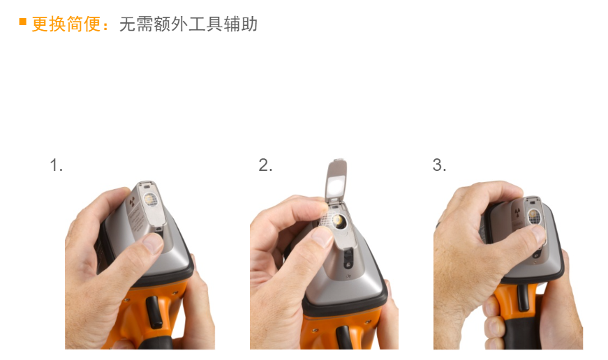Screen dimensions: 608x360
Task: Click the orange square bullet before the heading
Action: tap(22, 22)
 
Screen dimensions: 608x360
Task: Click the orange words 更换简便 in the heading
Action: tap(66, 24)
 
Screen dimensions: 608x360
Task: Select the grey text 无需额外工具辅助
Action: tap(188, 24)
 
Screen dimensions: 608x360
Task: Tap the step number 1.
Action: tap(57, 165)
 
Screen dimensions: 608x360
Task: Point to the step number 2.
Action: tap(266, 165)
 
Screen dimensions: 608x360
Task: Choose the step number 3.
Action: tap(439, 165)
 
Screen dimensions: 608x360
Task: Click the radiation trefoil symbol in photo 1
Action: tap(132, 202)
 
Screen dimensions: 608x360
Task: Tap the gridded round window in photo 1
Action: tap(150, 199)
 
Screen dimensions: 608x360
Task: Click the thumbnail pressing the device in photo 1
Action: tap(152, 243)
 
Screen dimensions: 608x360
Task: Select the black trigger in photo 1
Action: tap(154, 312)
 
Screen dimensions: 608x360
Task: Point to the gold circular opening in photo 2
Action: tap(338, 220)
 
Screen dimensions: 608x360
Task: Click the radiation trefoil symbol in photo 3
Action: tap(517, 212)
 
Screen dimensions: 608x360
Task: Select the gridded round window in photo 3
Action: tap(534, 216)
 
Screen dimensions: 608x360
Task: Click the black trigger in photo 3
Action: tap(523, 297)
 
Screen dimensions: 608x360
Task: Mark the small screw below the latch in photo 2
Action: tap(348, 276)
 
